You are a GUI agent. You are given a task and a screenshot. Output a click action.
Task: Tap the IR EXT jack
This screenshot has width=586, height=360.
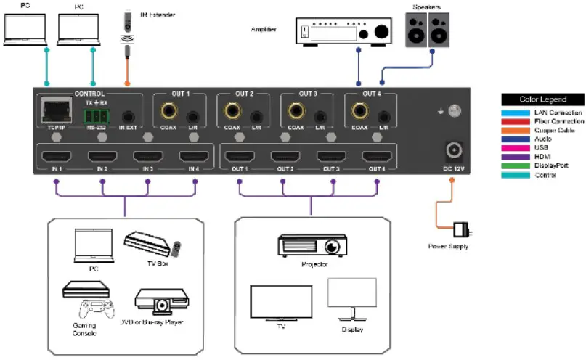pyautogui.click(x=128, y=116)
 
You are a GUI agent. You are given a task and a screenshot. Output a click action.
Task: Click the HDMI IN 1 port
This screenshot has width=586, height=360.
pyautogui.click(x=56, y=157)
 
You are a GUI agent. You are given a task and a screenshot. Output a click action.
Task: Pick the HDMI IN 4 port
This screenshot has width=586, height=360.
pyautogui.click(x=193, y=157)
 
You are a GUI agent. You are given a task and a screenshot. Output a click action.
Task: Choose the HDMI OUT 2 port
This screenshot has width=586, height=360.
pyautogui.click(x=285, y=157)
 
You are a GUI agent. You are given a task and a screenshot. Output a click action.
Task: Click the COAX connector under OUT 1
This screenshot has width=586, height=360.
pyautogui.click(x=169, y=113)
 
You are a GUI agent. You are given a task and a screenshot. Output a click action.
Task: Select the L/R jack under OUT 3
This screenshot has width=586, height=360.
pyautogui.click(x=318, y=116)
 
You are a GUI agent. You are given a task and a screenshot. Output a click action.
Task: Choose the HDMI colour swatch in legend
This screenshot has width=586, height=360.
pyautogui.click(x=510, y=157)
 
